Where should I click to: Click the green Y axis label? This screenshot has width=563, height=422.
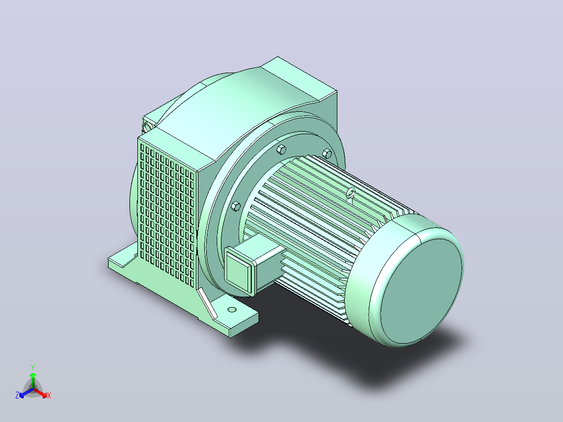tap(33, 367)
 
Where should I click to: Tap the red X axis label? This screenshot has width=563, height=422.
tap(49, 396)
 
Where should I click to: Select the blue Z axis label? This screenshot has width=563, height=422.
tap(17, 395)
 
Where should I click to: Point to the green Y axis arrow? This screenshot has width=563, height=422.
tap(33, 380)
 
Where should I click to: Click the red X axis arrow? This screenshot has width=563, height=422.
tap(40, 393)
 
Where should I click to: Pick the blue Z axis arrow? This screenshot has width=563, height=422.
tap(26, 393)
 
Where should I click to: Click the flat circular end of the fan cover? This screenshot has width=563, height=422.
tap(421, 291)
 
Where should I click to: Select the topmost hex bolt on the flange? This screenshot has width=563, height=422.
tap(281, 149)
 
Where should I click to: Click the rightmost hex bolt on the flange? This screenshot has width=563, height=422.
tap(327, 154)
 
